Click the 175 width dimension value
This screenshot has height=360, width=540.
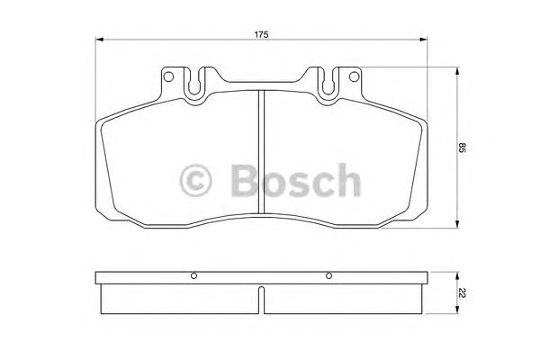[x=261, y=33]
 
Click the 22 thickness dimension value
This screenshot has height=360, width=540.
[x=463, y=293]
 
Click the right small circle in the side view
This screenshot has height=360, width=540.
[x=329, y=275]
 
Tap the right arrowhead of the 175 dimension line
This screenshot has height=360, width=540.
[x=423, y=40]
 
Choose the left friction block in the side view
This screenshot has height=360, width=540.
[x=181, y=297]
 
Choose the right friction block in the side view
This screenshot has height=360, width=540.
[x=341, y=297]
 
